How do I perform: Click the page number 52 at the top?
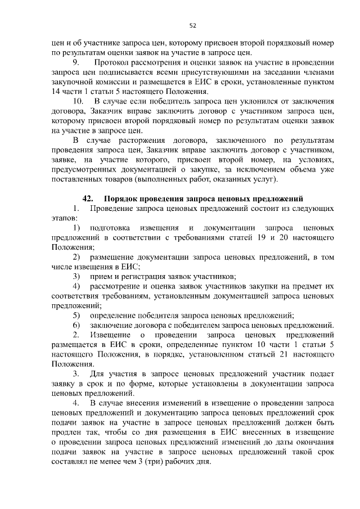pyautogui.click(x=192, y=25)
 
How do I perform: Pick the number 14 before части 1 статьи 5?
pyautogui.click(x=55, y=92)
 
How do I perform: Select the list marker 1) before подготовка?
pyautogui.click(x=76, y=228)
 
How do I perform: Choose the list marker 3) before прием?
pyautogui.click(x=76, y=276)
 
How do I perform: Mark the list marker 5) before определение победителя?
pyautogui.click(x=76, y=316)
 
